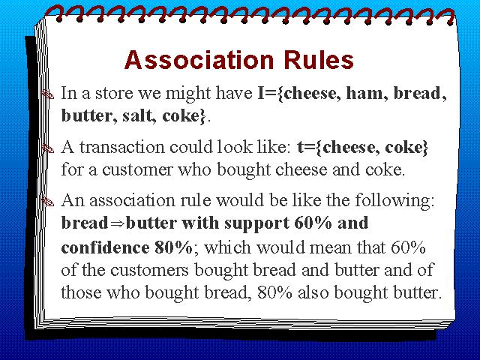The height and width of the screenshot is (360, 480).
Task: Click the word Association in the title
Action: click(199, 59)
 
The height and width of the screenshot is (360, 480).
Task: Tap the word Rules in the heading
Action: click(319, 59)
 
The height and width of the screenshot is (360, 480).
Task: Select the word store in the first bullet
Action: click(114, 93)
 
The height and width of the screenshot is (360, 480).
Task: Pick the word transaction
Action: click(121, 147)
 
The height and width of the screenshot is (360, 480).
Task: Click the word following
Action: click(394, 201)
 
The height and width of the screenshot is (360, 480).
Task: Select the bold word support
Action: click(256, 223)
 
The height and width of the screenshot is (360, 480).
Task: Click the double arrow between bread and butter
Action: click(117, 223)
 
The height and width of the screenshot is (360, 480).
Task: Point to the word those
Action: click(81, 292)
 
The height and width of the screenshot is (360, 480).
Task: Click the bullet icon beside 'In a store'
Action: click(47, 94)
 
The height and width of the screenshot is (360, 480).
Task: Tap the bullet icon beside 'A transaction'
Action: click(47, 148)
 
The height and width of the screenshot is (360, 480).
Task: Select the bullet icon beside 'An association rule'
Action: click(47, 202)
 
